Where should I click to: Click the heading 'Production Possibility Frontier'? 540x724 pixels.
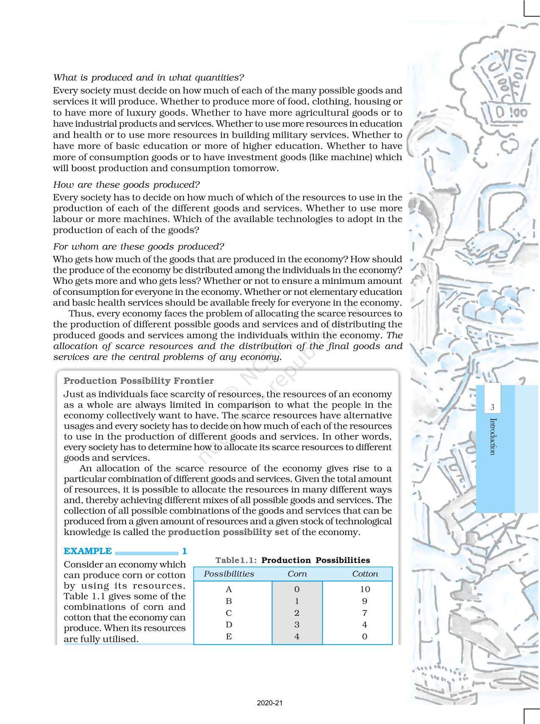pyautogui.click(x=138, y=381)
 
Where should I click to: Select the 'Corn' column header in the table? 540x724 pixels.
pyautogui.click(x=297, y=574)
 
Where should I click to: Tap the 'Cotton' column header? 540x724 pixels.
pyautogui.click(x=365, y=574)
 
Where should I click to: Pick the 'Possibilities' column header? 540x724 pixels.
pyautogui.click(x=229, y=574)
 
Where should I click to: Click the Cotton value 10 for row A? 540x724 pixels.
pyautogui.click(x=365, y=589)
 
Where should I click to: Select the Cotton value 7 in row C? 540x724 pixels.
pyautogui.click(x=365, y=613)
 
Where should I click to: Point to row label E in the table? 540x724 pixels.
pyautogui.click(x=229, y=637)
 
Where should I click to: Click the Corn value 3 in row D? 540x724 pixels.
pyautogui.click(x=297, y=625)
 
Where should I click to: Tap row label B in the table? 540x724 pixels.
pyautogui.click(x=229, y=601)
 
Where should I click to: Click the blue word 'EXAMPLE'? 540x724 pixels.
pyautogui.click(x=88, y=551)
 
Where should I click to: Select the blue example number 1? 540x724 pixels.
pyautogui.click(x=184, y=551)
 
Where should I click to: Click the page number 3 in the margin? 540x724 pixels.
pyautogui.click(x=492, y=408)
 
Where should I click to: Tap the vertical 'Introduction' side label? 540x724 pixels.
pyautogui.click(x=492, y=436)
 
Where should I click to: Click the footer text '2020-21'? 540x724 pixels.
pyautogui.click(x=270, y=703)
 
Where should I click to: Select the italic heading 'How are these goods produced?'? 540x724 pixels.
pyautogui.click(x=126, y=185)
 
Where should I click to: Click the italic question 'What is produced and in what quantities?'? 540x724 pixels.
pyautogui.click(x=149, y=78)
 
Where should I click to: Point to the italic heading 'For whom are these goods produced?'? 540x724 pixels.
pyautogui.click(x=138, y=247)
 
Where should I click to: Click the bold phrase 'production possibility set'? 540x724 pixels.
pyautogui.click(x=228, y=533)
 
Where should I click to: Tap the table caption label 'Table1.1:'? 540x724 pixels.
pyautogui.click(x=236, y=560)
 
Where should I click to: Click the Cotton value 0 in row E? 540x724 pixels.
pyautogui.click(x=365, y=637)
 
